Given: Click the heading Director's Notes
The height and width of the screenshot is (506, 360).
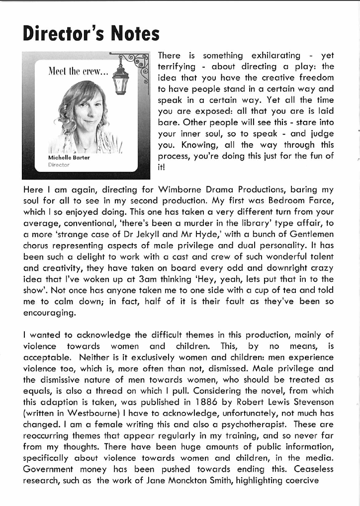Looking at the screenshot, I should [x=91, y=34].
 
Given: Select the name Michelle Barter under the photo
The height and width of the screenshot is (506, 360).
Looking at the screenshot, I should [x=70, y=157].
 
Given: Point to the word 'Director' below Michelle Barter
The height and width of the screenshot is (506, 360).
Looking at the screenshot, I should [x=60, y=164].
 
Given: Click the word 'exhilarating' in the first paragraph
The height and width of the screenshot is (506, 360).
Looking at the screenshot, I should [x=276, y=56].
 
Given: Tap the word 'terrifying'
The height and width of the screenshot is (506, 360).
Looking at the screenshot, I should [x=179, y=67].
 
